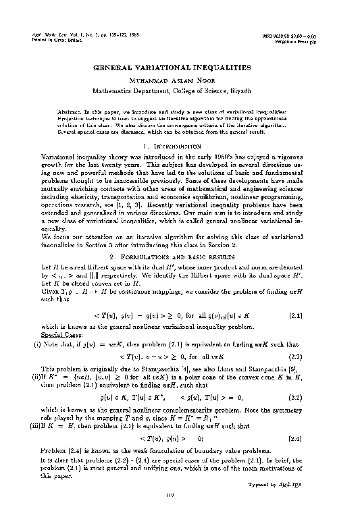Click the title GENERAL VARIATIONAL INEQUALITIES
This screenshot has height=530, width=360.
pos(180,68)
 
